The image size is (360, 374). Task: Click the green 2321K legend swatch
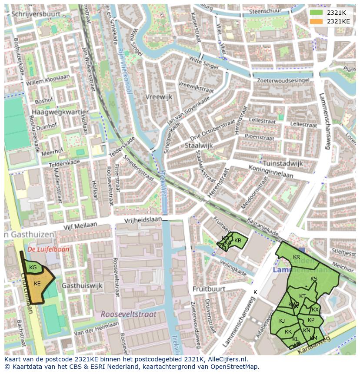coord(316,13)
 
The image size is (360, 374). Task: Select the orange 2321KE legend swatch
coord(316,21)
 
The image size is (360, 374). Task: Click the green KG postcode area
coord(33,268)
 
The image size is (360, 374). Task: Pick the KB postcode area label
coord(238,241)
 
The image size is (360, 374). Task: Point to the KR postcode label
coord(297,257)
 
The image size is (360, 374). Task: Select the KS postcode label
coord(314,279)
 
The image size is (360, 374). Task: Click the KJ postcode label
coord(282,321)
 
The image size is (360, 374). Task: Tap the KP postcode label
coord(311,320)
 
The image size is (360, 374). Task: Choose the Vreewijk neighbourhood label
coord(159,97)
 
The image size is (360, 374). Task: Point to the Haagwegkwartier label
coord(59,112)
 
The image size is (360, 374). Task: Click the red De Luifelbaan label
coord(42,250)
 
